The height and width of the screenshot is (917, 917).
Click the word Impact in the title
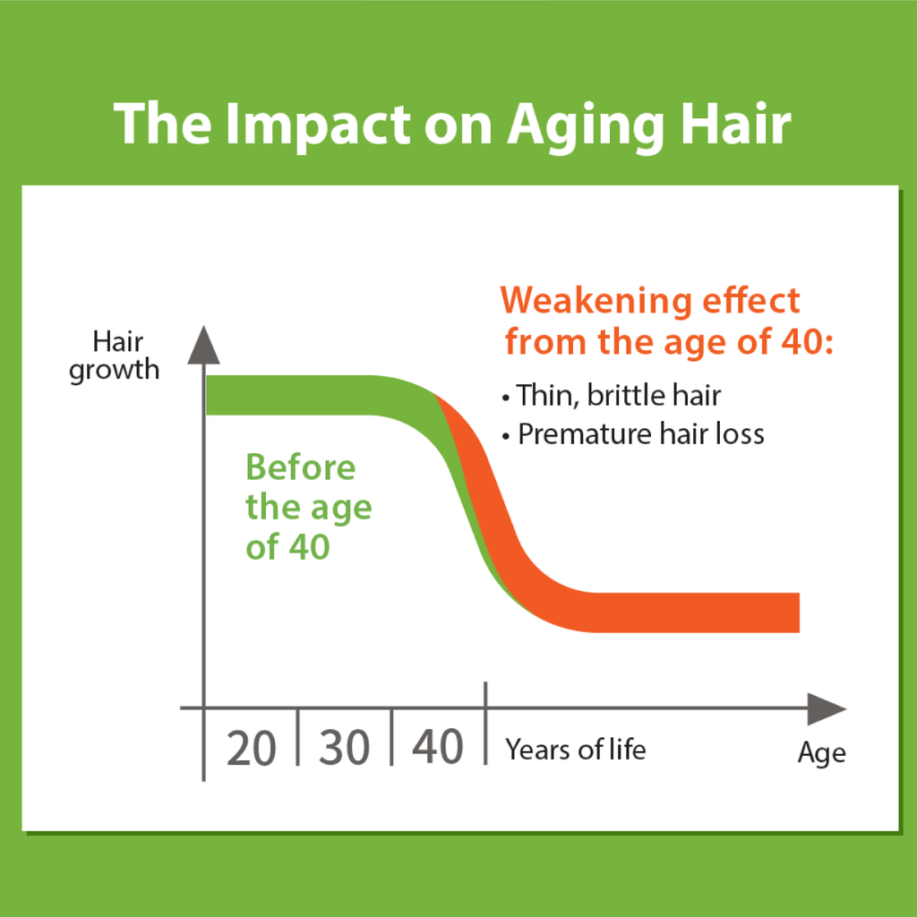coord(318,124)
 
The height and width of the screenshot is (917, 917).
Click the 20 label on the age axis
coord(252,748)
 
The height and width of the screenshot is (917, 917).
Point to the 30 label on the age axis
coord(345,748)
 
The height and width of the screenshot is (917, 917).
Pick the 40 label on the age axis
coord(438,747)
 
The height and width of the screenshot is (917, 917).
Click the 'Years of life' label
coord(576,750)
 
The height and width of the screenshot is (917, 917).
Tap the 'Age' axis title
coord(822,753)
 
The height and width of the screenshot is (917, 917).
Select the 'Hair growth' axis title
coord(115,356)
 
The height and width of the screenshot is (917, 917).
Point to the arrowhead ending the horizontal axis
coord(827,709)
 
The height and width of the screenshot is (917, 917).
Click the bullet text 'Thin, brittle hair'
coord(619,395)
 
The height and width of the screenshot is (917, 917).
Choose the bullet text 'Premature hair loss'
coord(641,434)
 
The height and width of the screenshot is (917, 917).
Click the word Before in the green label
coord(301,467)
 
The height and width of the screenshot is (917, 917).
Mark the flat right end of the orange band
coord(799,613)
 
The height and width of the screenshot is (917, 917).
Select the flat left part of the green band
coord(287,395)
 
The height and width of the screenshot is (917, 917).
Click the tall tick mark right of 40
coord(485,723)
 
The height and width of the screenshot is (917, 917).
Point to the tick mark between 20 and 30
coord(297,737)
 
